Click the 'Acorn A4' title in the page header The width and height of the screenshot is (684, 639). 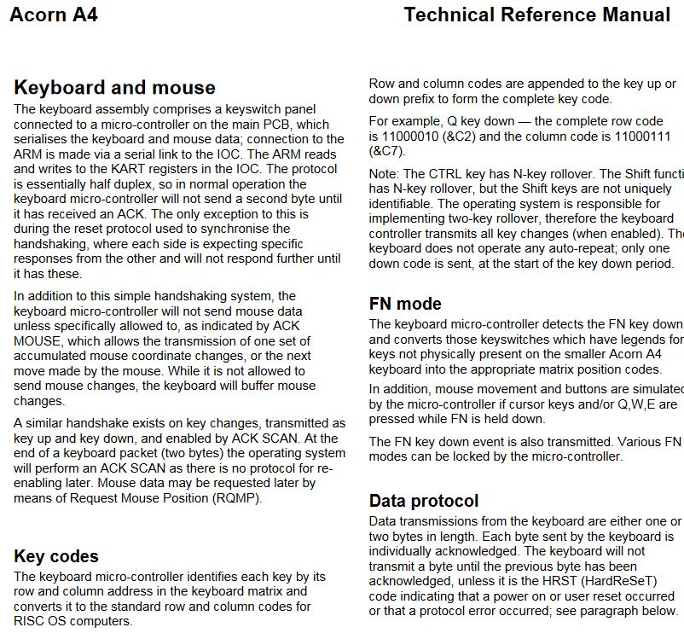[53, 15]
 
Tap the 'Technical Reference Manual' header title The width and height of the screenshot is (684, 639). [536, 15]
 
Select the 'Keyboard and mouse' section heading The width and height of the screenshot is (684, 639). [115, 88]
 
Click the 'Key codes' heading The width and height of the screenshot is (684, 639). [56, 557]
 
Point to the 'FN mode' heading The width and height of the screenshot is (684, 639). [405, 304]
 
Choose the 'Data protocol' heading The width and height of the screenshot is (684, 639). [424, 501]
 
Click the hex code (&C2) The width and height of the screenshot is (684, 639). [492, 136]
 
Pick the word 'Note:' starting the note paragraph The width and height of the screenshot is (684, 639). [385, 174]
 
